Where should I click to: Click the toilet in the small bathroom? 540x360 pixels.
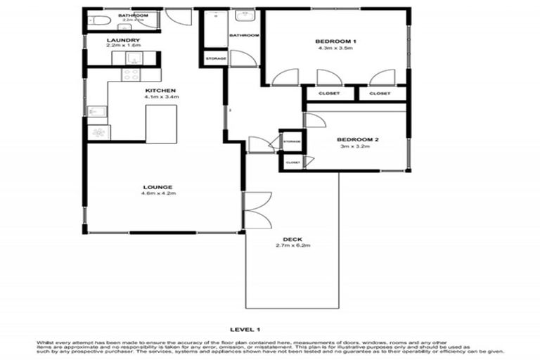pyautogui.click(x=98, y=20)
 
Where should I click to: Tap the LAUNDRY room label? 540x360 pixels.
pyautogui.click(x=124, y=40)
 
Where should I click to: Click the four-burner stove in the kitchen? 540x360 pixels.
pyautogui.click(x=131, y=74)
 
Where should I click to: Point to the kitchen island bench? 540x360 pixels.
pyautogui.click(x=161, y=124)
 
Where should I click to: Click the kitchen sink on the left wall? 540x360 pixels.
pyautogui.click(x=96, y=111)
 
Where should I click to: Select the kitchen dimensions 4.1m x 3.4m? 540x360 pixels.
pyautogui.click(x=160, y=97)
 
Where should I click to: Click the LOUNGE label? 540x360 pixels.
pyautogui.click(x=157, y=186)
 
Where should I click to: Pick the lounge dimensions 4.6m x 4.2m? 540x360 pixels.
pyautogui.click(x=157, y=193)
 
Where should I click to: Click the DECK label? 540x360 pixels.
pyautogui.click(x=292, y=239)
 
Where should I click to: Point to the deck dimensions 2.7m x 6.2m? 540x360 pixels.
pyautogui.click(x=292, y=245)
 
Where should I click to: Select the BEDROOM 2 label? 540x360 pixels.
pyautogui.click(x=357, y=139)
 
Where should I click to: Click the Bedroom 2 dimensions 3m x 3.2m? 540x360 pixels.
pyautogui.click(x=357, y=146)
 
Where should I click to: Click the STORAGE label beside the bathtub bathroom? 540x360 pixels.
pyautogui.click(x=216, y=58)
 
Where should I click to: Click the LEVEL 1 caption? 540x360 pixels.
pyautogui.click(x=245, y=329)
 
